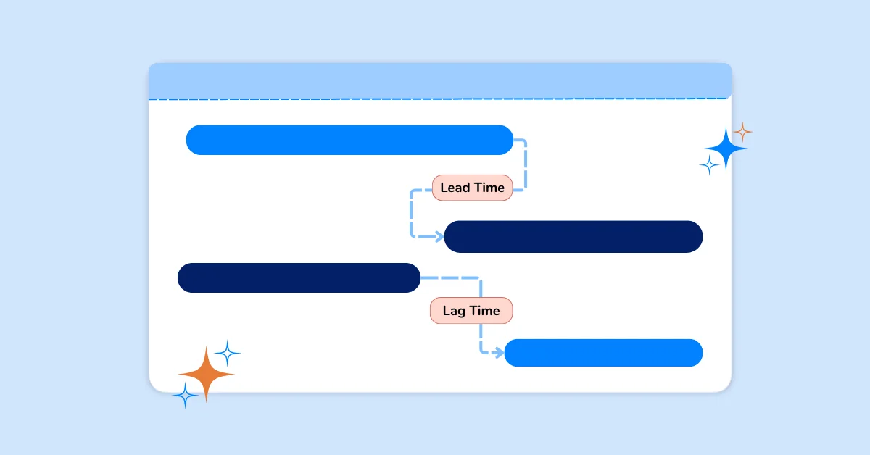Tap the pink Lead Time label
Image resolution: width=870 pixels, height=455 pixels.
point(472,188)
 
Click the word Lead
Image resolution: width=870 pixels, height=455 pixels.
point(455,188)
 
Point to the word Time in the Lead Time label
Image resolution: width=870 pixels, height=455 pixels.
point(489,188)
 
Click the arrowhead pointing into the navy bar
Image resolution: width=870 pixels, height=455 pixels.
point(439,236)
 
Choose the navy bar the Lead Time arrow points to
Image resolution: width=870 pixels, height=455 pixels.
point(573,237)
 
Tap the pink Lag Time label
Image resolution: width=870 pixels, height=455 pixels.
point(471,311)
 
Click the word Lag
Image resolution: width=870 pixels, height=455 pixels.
point(454,311)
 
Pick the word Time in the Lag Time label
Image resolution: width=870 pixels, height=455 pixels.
point(485,311)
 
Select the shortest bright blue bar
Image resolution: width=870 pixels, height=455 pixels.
point(603,353)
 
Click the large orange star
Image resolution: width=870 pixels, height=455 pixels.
point(206,374)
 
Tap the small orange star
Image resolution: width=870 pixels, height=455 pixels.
point(742,133)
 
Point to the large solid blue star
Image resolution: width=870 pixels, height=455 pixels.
point(726,149)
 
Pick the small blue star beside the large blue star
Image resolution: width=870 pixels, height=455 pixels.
point(709,166)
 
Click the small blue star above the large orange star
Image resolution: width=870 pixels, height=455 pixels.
point(228,354)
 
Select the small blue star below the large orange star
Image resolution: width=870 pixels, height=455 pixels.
point(186,396)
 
